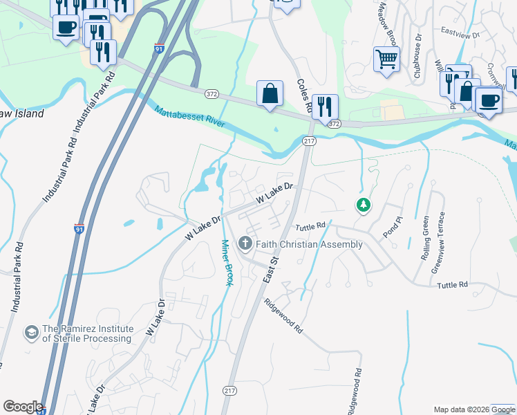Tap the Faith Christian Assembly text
[309, 244]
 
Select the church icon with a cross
[245, 243]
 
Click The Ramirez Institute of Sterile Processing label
[87, 333]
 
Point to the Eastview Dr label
[460, 31]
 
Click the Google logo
[23, 407]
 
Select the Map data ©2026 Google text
[474, 409]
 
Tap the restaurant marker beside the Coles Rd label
[325, 106]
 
